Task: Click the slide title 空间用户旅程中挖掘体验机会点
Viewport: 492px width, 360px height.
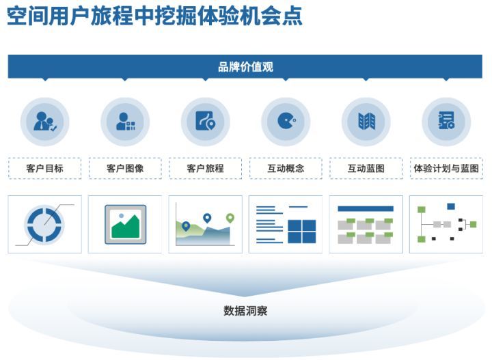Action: tap(154, 16)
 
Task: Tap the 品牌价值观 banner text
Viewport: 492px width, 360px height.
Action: tap(246, 67)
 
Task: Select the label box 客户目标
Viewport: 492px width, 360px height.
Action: tap(44, 168)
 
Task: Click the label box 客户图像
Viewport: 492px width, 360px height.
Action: tap(125, 168)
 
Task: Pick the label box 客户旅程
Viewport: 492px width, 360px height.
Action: tap(205, 168)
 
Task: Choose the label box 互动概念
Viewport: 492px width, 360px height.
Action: tap(286, 168)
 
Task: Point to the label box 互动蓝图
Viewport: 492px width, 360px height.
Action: tap(366, 168)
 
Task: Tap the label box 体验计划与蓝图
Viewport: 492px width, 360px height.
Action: tap(446, 168)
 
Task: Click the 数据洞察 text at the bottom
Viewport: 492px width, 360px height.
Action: tap(245, 311)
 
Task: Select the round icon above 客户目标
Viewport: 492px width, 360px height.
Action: tap(44, 122)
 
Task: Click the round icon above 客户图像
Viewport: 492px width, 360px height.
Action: tap(125, 122)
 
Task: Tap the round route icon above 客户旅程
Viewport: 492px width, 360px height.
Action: tap(205, 122)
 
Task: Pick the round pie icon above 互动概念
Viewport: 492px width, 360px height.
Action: tap(286, 122)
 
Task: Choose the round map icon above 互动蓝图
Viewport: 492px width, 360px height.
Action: tap(366, 122)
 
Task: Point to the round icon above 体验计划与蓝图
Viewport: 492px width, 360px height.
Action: tap(446, 122)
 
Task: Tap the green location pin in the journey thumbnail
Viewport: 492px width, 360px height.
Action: tap(230, 218)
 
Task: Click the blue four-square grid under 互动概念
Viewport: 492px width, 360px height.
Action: tap(301, 231)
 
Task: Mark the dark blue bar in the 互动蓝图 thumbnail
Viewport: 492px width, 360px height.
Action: tap(366, 208)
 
